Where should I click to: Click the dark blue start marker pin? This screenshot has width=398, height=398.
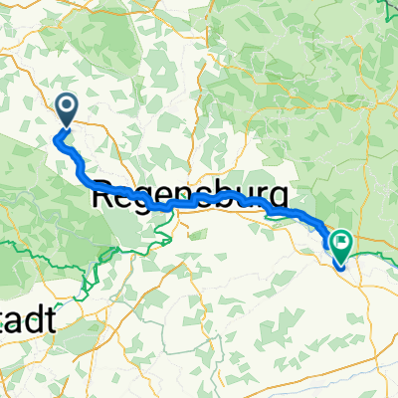[x=67, y=108]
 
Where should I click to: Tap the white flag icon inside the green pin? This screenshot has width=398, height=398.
[x=341, y=239]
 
